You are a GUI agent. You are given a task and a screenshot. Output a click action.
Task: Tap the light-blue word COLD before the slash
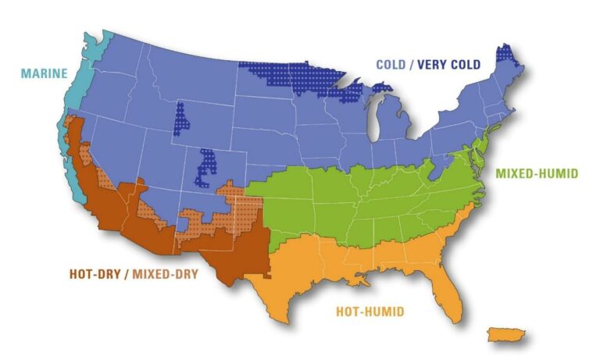coord(392,65)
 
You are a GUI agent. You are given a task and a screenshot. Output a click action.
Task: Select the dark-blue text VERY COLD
coord(449,65)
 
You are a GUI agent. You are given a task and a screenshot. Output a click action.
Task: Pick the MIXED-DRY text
coord(166,274)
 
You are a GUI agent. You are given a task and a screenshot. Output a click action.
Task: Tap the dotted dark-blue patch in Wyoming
coord(181,118)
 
